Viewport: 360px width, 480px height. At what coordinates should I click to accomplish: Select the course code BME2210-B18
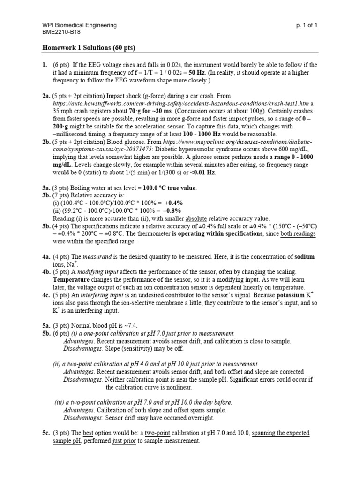tap(61, 33)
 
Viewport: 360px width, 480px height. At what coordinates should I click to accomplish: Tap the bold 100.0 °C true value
tap(169, 188)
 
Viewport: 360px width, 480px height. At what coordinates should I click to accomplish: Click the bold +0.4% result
tap(172, 203)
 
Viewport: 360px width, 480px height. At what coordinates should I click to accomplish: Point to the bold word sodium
tap(304, 257)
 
